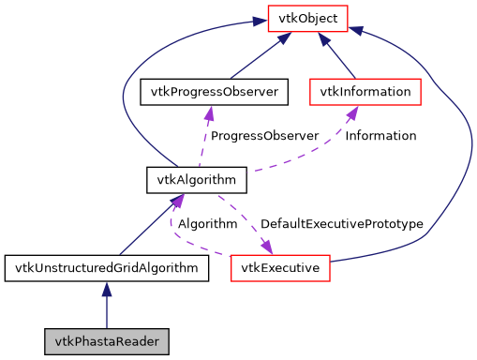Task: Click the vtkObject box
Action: (x=308, y=16)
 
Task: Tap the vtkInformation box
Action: (x=365, y=92)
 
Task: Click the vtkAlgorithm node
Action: (x=197, y=177)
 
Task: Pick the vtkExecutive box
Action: (x=280, y=269)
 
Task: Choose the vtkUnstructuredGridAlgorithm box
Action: (x=106, y=269)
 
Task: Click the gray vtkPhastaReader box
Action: (x=106, y=340)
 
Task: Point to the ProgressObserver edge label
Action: (x=264, y=136)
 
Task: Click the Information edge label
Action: (x=380, y=136)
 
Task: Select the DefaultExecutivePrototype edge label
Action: (x=341, y=225)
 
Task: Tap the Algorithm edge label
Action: (x=207, y=225)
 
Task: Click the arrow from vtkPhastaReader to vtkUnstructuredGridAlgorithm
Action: (x=106, y=306)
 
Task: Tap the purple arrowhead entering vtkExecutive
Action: (x=265, y=247)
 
